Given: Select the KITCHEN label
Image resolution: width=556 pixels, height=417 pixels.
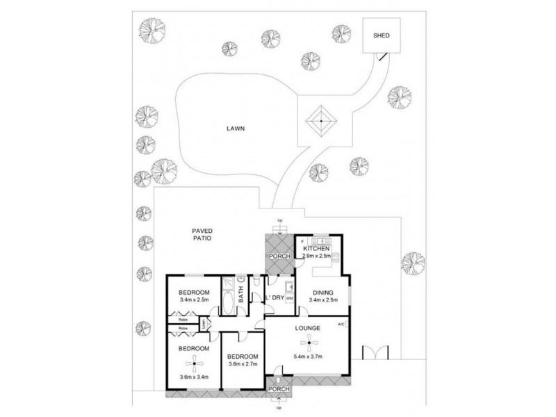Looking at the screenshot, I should [x=316, y=248].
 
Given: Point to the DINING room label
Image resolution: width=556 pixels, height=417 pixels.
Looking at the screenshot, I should [x=322, y=293].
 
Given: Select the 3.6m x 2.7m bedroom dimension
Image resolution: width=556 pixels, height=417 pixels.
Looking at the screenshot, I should [x=243, y=363].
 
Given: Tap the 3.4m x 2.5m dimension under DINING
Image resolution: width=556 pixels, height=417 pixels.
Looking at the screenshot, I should [x=322, y=300].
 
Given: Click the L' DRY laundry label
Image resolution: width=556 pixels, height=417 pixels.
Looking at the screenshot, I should [x=275, y=298].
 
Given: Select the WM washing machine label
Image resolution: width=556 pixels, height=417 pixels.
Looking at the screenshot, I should [x=288, y=298].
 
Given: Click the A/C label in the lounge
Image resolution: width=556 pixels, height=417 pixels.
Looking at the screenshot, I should [x=341, y=325].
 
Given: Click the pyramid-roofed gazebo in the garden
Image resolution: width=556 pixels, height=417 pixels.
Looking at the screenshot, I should [x=321, y=122].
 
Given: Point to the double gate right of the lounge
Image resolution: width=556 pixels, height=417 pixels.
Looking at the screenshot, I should [x=373, y=352].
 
